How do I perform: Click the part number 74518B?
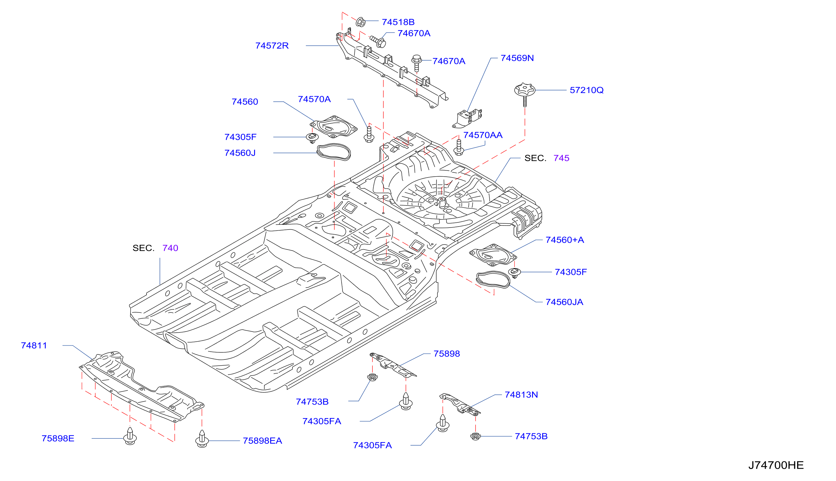[x=398, y=22]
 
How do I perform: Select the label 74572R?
[x=272, y=46]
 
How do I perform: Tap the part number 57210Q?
[x=586, y=90]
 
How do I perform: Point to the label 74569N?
[x=517, y=58]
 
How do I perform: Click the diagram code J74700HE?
[x=776, y=465]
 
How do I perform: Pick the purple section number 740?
[x=170, y=248]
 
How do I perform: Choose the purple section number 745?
[x=561, y=158]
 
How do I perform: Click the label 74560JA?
[x=564, y=302]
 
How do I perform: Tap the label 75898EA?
[x=262, y=441]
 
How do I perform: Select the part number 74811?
[x=34, y=346]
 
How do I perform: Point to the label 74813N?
[x=521, y=395]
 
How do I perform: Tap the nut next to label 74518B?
[x=361, y=22]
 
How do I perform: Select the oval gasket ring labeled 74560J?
[x=334, y=152]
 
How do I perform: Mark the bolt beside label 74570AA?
[x=459, y=147]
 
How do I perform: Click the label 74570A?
[x=314, y=100]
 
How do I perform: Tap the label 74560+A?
[x=564, y=240]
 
